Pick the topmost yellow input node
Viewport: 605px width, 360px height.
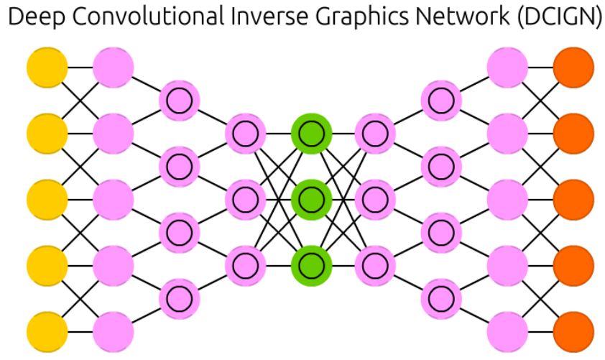[47, 67]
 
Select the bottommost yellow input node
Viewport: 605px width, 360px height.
[47, 333]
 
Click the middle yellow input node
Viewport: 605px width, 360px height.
[47, 200]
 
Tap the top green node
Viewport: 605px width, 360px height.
[311, 133]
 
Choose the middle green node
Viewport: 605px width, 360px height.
[311, 199]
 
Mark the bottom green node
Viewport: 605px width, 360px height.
[311, 265]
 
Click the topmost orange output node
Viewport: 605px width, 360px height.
[573, 67]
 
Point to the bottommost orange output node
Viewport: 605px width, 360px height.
[573, 333]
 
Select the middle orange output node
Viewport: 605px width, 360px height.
[573, 200]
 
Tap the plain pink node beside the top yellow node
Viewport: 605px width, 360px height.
[114, 67]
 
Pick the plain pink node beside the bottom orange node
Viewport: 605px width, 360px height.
[507, 333]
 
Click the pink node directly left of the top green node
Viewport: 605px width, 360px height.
[245, 133]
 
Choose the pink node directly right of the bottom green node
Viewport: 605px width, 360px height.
[376, 265]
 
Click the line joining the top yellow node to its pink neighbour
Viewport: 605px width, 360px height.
[80, 67]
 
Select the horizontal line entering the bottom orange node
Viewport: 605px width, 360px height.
[540, 333]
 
